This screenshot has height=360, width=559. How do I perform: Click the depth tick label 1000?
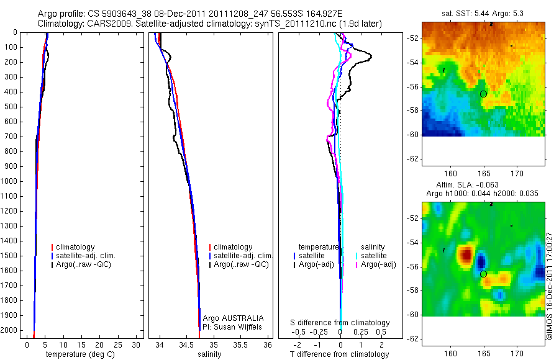coord(9,181)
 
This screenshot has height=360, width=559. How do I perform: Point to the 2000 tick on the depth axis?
coord(9,330)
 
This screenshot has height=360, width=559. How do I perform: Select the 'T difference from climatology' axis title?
coord(339,354)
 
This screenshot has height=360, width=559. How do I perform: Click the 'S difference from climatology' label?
coord(340,323)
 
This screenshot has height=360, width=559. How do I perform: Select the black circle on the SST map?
coord(483,93)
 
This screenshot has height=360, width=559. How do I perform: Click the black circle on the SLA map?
coord(483,274)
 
